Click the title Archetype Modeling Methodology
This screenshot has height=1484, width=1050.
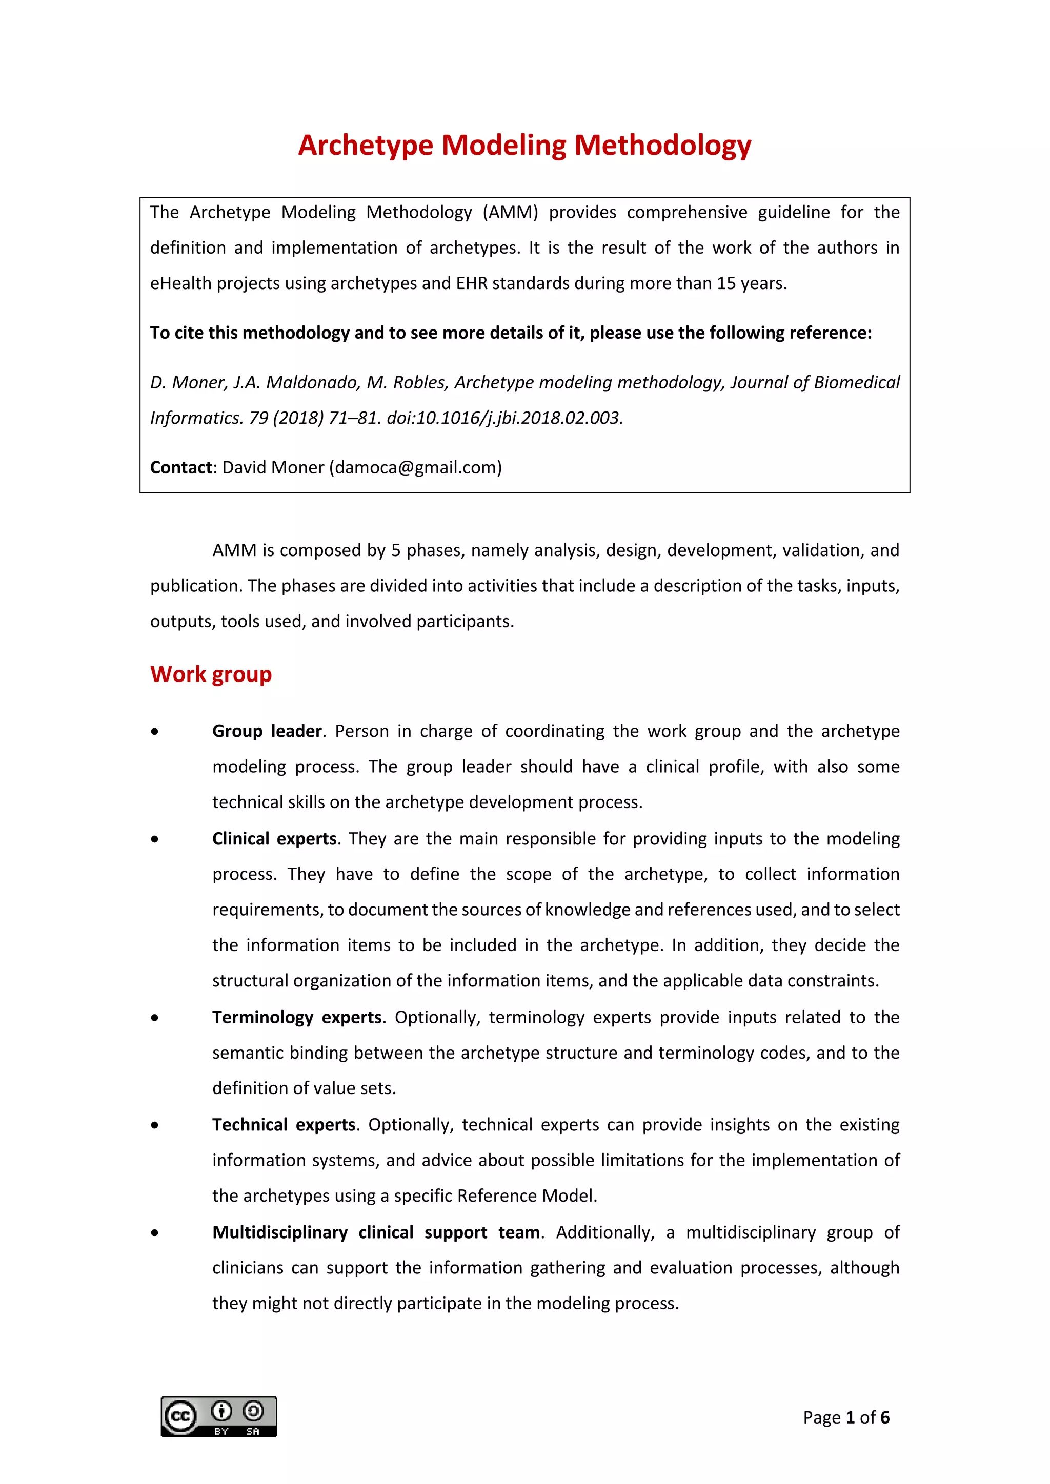point(524,145)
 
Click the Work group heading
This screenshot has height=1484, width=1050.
point(211,674)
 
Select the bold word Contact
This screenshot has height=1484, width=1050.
point(181,467)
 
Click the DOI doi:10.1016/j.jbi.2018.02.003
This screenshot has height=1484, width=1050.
point(504,418)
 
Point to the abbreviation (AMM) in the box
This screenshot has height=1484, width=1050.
point(510,213)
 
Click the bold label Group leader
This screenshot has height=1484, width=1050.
point(267,731)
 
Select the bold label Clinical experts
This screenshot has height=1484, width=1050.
point(274,838)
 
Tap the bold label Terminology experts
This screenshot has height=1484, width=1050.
point(297,1017)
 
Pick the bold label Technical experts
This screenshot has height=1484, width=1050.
point(284,1125)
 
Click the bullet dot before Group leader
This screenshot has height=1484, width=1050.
point(154,732)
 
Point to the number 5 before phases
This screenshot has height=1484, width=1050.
point(395,550)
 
